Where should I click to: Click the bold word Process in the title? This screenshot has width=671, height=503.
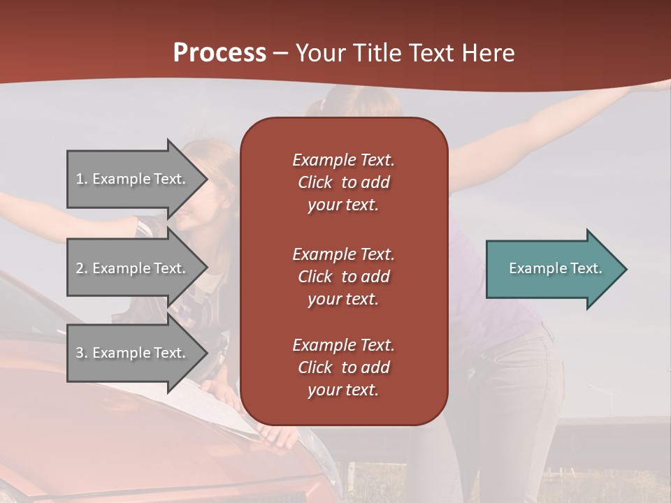[219, 53]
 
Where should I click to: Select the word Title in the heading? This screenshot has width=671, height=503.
[375, 53]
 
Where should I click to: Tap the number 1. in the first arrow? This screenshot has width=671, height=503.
[82, 179]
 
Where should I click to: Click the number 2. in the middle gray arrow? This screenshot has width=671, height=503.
[82, 268]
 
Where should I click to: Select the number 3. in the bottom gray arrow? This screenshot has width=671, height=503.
[82, 353]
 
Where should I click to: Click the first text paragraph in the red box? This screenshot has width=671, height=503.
[343, 182]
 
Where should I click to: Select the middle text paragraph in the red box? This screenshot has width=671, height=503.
[343, 277]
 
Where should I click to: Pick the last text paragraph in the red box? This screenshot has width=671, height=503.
[343, 367]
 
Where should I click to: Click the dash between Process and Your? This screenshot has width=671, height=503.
[280, 53]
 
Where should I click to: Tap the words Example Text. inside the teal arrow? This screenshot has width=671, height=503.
[555, 268]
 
